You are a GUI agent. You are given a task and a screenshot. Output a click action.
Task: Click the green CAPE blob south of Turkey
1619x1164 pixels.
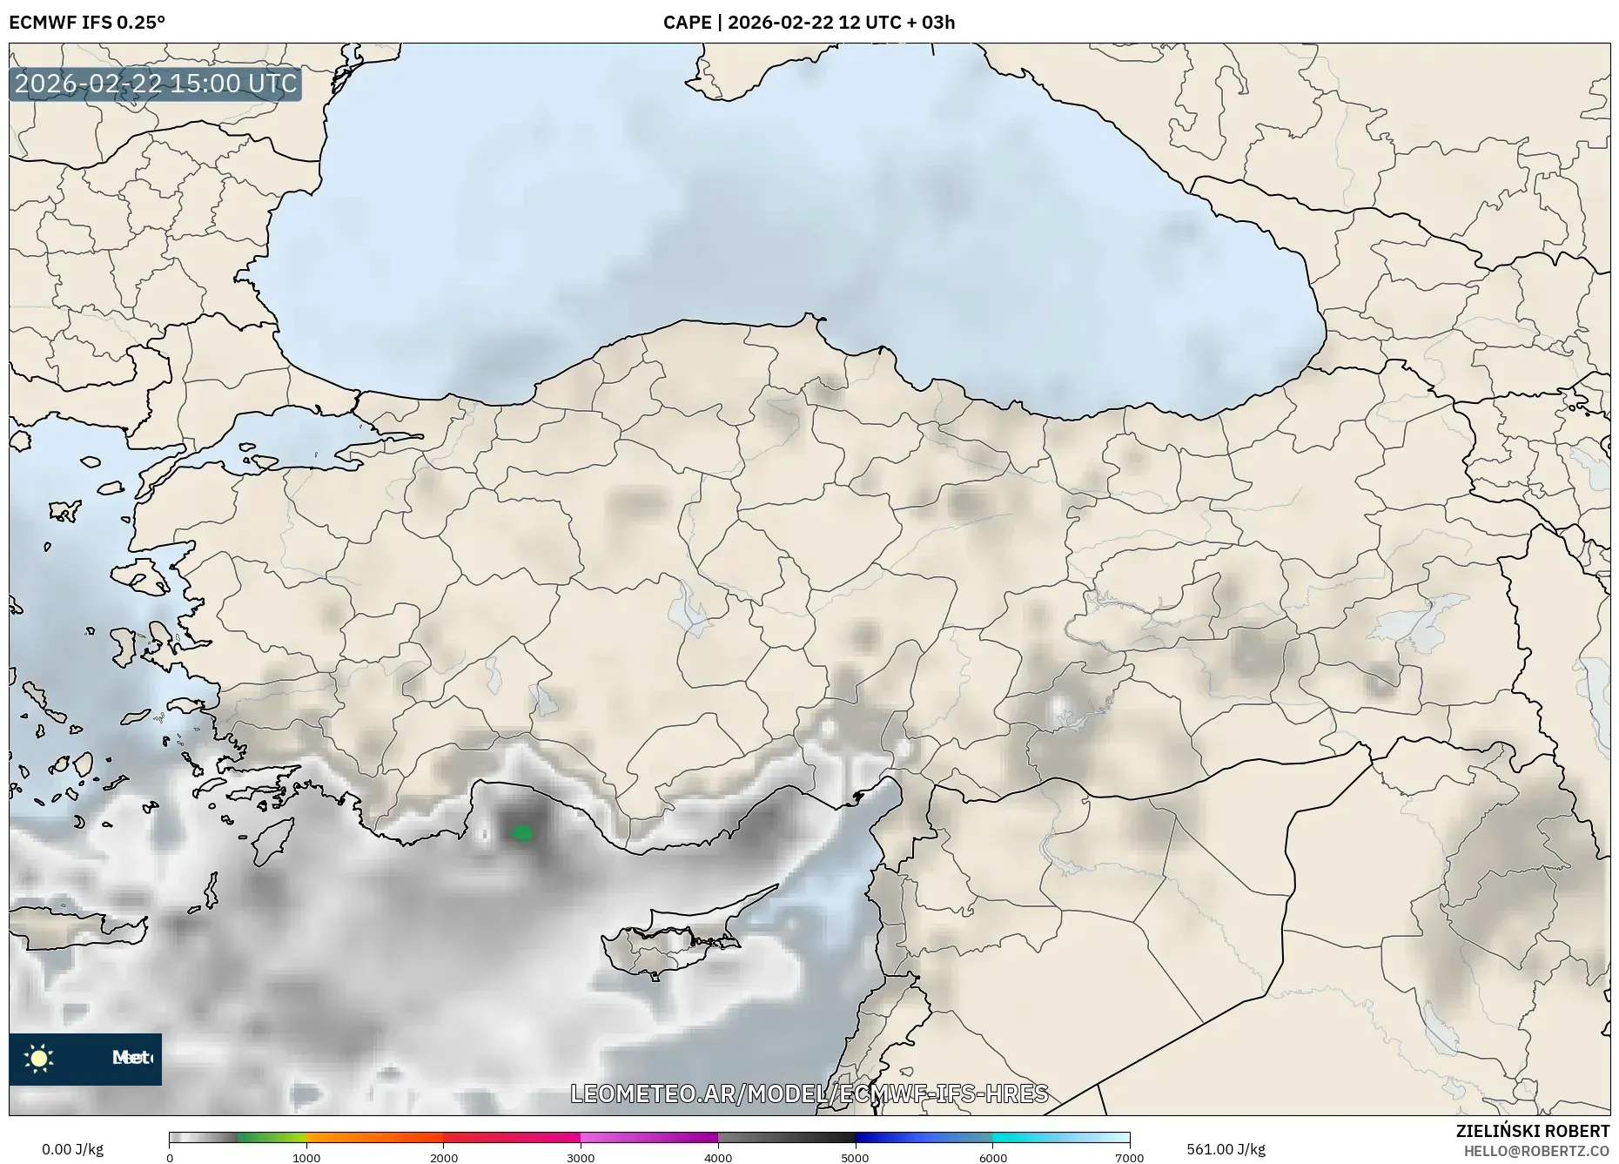click(x=522, y=833)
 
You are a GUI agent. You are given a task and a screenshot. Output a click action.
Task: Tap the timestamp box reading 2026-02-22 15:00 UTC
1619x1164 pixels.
click(x=156, y=84)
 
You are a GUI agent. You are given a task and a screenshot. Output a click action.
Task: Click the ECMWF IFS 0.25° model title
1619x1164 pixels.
click(x=87, y=22)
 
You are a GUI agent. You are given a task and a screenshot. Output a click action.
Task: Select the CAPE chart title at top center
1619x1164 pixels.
click(x=809, y=22)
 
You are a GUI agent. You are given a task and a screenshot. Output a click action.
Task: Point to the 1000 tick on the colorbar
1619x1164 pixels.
click(x=306, y=1157)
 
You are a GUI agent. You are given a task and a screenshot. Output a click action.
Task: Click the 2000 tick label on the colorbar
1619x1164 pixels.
click(x=444, y=1157)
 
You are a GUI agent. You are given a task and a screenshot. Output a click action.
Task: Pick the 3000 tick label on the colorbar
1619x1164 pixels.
click(x=581, y=1157)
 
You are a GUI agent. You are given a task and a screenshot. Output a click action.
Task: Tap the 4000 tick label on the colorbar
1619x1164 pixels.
click(x=718, y=1157)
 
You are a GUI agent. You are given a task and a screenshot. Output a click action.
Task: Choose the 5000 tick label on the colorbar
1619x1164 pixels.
click(x=855, y=1157)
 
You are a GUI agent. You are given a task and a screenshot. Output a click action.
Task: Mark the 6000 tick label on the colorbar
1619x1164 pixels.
click(x=992, y=1157)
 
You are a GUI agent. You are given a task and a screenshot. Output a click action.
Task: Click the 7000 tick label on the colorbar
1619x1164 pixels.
click(x=1129, y=1157)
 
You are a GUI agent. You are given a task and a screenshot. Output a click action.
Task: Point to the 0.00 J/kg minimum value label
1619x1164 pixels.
click(x=72, y=1149)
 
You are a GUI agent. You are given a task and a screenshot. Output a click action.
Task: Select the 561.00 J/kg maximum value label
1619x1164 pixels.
click(x=1226, y=1149)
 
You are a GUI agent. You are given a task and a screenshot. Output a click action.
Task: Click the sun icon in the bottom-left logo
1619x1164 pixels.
click(x=39, y=1059)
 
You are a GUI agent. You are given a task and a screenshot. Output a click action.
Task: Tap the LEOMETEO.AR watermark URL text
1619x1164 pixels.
click(x=809, y=1093)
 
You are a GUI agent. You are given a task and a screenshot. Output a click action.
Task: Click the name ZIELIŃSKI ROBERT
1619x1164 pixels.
click(x=1533, y=1131)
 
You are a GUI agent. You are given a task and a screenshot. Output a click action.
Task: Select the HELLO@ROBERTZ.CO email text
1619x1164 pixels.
click(x=1536, y=1151)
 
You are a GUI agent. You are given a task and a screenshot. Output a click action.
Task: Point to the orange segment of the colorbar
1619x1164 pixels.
click(x=374, y=1137)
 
